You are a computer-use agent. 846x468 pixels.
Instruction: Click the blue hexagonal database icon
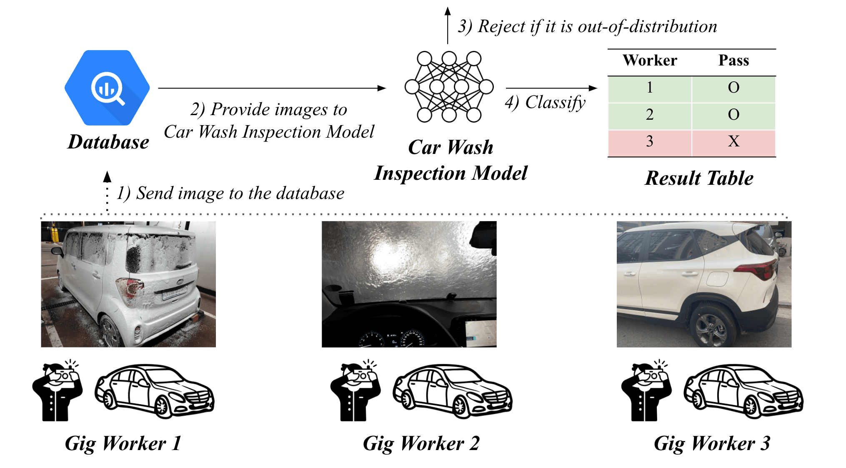107,88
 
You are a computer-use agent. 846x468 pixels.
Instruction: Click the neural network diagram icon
449,87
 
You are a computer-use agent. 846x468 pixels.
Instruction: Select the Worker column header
650,60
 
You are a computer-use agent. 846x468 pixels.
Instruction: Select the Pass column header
733,60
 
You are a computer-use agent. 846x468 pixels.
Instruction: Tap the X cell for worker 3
733,141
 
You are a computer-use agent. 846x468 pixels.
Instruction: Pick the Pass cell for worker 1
733,87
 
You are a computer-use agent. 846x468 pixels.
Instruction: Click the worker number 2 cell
650,114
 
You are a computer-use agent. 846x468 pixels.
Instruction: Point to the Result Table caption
699,178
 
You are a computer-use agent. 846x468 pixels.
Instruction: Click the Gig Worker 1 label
123,443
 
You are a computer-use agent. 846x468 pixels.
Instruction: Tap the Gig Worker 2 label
421,443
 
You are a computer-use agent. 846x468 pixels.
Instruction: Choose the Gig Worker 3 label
712,443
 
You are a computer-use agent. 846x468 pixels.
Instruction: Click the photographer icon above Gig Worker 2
355,390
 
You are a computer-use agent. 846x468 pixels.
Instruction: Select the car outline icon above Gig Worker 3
743,391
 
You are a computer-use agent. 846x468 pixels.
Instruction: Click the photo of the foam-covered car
128,284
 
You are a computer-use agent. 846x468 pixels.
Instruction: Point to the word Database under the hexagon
108,142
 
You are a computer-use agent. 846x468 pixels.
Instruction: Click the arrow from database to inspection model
272,88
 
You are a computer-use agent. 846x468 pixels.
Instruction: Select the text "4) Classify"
545,103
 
